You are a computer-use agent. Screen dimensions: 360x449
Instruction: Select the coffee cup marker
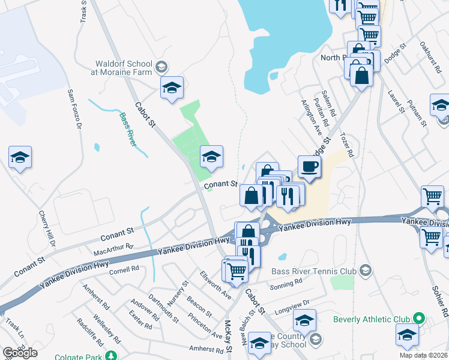click(x=309, y=166)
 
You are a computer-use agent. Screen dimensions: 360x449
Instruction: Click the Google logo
click(x=20, y=353)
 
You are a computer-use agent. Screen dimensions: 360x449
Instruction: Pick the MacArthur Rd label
click(x=113, y=247)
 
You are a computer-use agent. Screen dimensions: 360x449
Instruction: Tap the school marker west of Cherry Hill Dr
click(x=20, y=158)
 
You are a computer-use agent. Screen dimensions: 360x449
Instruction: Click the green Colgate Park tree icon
click(x=110, y=355)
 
